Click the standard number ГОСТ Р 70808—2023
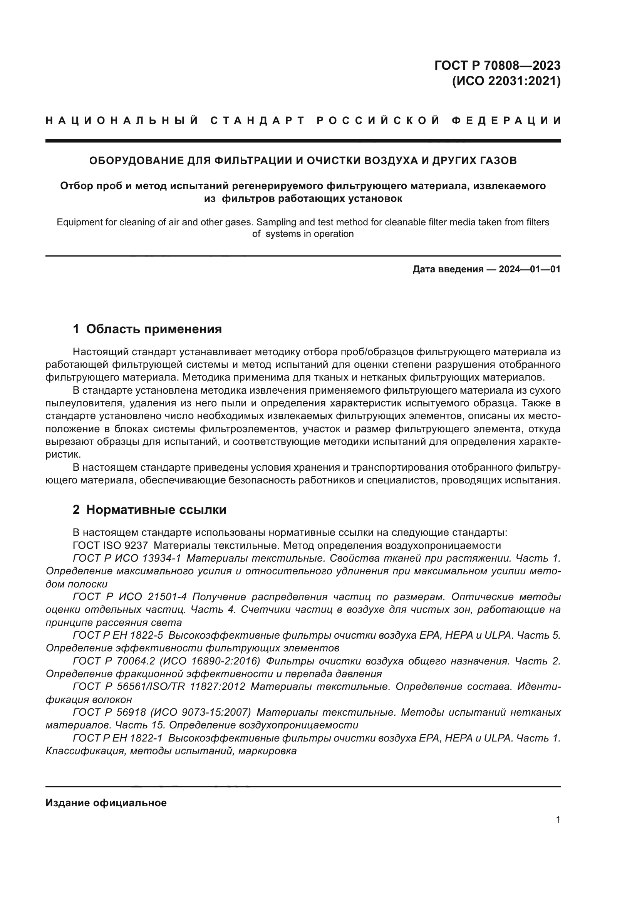(x=497, y=65)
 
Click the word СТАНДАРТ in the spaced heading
(x=257, y=121)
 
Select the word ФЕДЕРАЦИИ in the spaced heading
(x=506, y=121)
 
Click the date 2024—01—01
(x=530, y=269)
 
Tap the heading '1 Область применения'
(x=147, y=329)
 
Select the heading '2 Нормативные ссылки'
(x=149, y=510)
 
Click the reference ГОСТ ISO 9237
(x=110, y=545)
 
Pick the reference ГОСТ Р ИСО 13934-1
(x=127, y=559)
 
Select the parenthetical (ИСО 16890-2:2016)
(x=210, y=661)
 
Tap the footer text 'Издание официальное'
(x=106, y=803)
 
